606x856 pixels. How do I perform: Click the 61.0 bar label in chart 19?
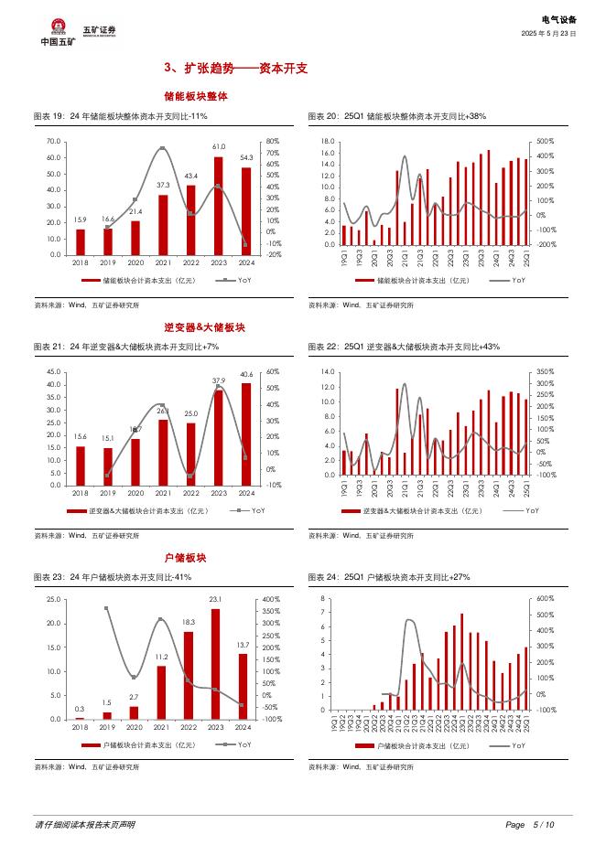pos(219,147)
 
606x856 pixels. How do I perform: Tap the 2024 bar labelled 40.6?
pos(246,433)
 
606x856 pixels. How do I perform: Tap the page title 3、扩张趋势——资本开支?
pos(235,68)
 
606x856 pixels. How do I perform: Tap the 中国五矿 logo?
pos(59,31)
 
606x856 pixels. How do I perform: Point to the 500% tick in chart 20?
pos(546,141)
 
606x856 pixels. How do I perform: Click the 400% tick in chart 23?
pos(270,600)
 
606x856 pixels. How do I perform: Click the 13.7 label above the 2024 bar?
pos(243,646)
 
